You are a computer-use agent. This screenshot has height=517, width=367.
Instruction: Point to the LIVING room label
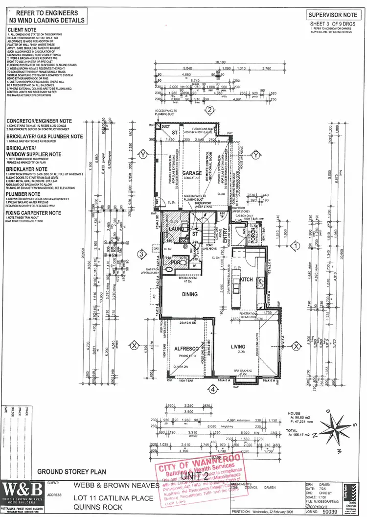pos(238,347)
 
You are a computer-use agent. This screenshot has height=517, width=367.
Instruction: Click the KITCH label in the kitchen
pos(246,279)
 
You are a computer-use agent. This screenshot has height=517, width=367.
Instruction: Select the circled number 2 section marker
pos(209,110)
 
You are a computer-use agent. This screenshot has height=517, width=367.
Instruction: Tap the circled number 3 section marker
pos(141,254)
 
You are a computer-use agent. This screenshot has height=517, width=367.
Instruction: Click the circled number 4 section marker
pos(212,390)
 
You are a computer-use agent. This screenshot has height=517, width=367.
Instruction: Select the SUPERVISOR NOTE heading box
pos(332,16)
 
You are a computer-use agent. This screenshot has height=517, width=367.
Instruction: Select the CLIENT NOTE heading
pos(21,29)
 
